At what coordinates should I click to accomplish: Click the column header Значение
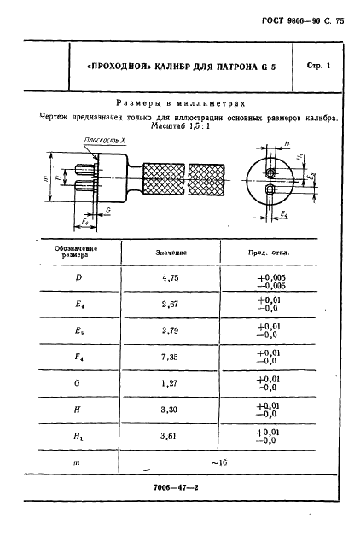172,253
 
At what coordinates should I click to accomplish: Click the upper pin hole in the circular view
270,171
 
